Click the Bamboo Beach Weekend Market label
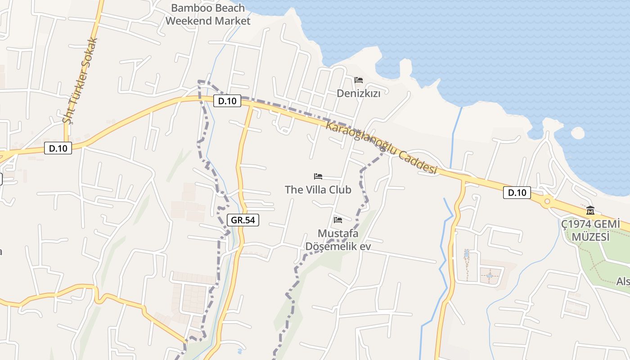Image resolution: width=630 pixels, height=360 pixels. pos(208,14)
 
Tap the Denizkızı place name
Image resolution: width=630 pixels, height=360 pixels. pos(359,93)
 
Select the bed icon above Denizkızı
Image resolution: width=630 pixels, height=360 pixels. pos(359,80)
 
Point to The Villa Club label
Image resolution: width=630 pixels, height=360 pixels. pos(318,189)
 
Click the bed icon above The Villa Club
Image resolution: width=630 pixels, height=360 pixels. pos(318,176)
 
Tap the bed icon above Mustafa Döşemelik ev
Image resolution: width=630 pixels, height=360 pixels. pos(338,220)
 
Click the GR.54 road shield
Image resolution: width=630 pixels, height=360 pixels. pos(243,220)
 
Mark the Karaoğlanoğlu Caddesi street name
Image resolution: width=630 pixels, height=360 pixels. pos(381,147)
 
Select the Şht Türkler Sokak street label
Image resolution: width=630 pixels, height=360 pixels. pos(81,81)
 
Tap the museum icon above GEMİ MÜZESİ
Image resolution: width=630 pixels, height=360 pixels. pos(590,210)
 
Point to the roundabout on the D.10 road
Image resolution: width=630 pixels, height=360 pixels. pos(547,202)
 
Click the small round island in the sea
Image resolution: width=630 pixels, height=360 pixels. pos(577,133)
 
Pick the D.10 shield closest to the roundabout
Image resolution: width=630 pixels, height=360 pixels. pos(517,193)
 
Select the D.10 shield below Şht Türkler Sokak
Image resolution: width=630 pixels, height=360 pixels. pos(58,148)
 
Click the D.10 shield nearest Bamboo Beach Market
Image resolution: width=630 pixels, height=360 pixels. pos(227,101)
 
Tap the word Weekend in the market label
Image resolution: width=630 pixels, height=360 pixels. pos(189,21)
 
